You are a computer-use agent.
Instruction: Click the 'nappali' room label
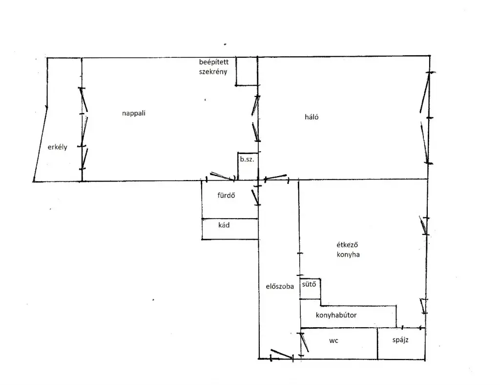coord(134,113)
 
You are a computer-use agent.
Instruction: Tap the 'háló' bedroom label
coord(312,117)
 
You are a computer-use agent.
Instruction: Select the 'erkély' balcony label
coord(58,147)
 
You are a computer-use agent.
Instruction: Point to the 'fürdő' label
coord(226,195)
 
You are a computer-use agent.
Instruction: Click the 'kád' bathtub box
coord(229,229)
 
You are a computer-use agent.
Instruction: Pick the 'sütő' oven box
coord(310,289)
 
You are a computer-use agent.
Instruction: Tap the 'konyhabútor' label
coord(336,315)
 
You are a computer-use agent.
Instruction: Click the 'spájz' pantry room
coord(401,343)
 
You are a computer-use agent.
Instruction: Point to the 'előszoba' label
coord(280,286)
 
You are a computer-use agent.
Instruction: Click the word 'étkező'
coord(347,245)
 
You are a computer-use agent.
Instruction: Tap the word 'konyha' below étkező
coord(348,255)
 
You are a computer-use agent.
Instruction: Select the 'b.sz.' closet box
coord(248,166)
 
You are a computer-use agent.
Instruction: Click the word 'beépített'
coord(214,62)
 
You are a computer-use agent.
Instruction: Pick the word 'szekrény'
coord(213,71)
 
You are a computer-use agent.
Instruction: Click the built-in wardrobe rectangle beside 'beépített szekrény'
coord(247,71)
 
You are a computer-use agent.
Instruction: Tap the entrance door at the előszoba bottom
coord(282,354)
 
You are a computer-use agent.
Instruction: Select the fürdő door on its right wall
coord(256,198)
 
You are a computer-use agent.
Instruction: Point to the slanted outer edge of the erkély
coord(40,144)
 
